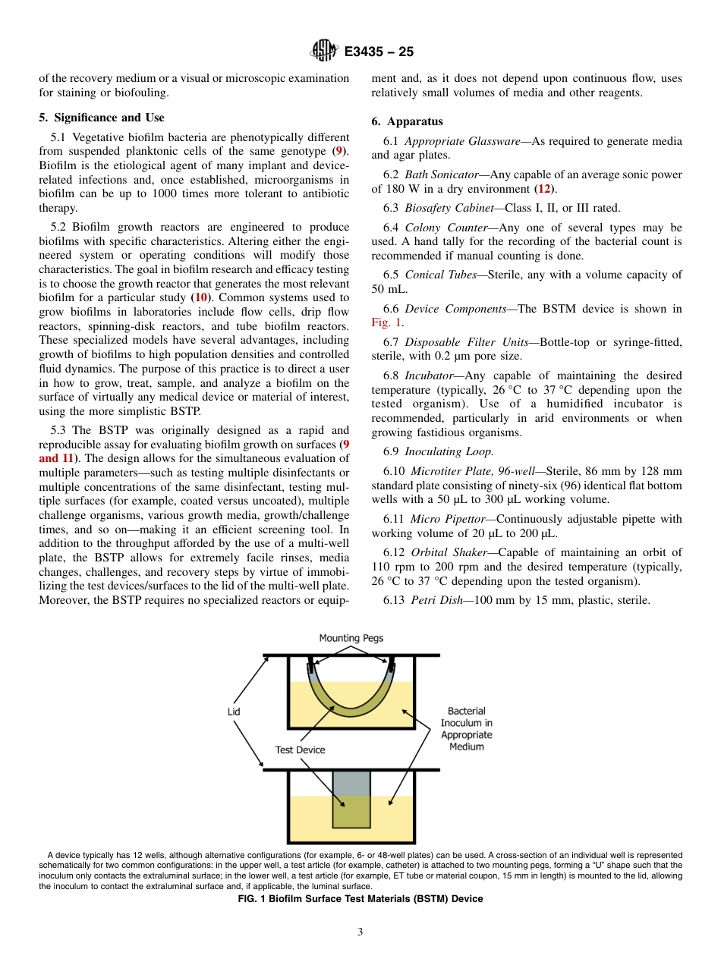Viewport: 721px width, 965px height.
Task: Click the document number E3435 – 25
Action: click(379, 52)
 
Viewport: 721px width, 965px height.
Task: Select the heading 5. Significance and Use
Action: click(101, 118)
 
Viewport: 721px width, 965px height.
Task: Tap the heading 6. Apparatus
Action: click(407, 121)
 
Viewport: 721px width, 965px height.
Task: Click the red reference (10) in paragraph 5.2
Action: click(201, 298)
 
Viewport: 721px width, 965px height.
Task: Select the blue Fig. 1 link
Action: click(386, 322)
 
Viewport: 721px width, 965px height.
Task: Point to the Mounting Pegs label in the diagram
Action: click(351, 638)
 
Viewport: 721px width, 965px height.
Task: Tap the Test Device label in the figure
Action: click(300, 750)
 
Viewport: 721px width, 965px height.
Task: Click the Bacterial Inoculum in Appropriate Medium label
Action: click(466, 728)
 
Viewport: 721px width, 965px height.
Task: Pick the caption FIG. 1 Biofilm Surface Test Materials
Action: click(360, 899)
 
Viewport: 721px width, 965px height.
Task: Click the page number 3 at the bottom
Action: click(360, 932)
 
